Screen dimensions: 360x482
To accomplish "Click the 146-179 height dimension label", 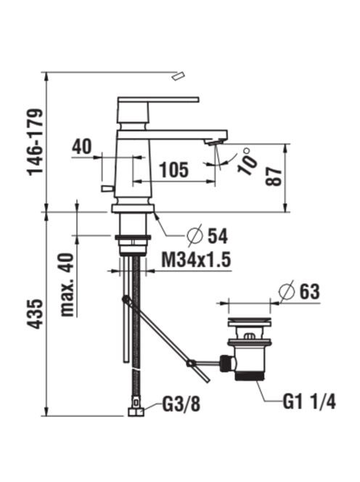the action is [x=35, y=142].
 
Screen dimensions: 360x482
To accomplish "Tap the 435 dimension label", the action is [x=35, y=313].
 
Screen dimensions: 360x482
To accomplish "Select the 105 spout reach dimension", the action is [x=173, y=170].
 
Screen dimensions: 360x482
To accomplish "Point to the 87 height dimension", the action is [x=274, y=176].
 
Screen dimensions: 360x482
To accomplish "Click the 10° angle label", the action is [x=247, y=161].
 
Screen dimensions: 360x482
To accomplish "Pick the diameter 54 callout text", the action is [x=208, y=236].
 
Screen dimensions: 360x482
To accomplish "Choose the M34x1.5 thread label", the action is [x=196, y=260].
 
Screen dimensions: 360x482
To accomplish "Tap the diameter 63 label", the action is [x=299, y=290].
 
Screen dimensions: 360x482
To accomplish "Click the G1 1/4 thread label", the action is [x=309, y=401].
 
